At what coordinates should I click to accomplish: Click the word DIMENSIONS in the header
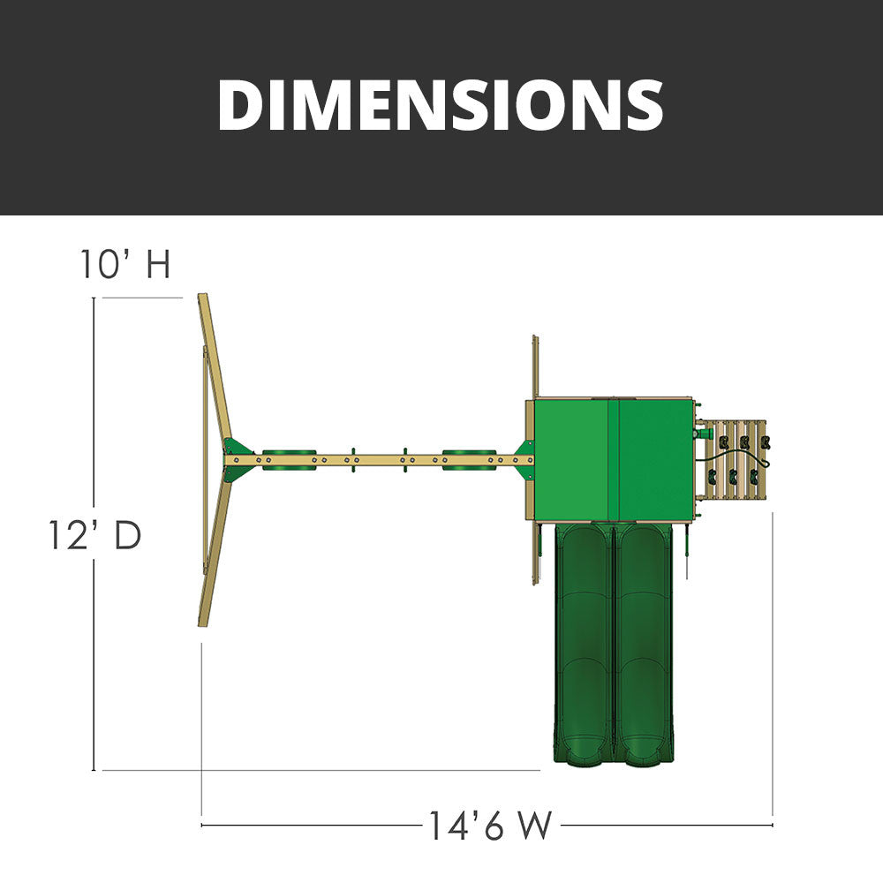tap(441, 105)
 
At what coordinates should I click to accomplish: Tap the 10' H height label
tap(125, 263)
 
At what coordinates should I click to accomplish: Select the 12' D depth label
tap(95, 535)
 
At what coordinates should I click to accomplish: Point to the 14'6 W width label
tap(490, 826)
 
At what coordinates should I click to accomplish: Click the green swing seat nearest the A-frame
tap(290, 459)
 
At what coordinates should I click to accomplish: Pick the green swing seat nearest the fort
tap(469, 459)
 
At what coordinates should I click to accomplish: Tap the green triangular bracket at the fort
tap(525, 459)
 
